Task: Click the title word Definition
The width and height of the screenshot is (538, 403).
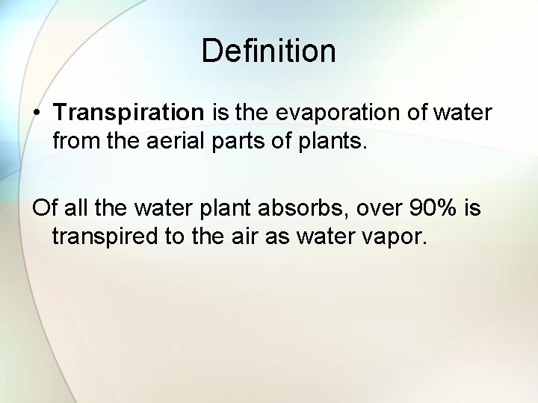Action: pyautogui.click(x=269, y=51)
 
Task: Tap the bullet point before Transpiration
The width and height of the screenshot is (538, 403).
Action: pyautogui.click(x=37, y=113)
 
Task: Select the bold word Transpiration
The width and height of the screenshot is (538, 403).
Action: pyautogui.click(x=129, y=113)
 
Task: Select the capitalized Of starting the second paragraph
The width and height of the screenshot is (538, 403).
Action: pyautogui.click(x=42, y=210)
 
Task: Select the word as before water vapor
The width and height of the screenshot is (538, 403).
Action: pyautogui.click(x=275, y=237)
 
